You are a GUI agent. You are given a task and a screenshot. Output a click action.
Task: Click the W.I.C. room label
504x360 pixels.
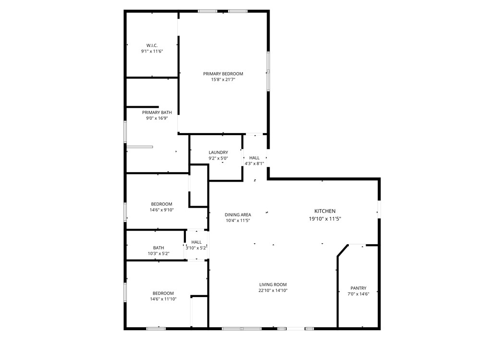tap(152, 45)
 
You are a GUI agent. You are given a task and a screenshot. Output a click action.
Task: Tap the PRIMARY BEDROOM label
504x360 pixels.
tap(223, 74)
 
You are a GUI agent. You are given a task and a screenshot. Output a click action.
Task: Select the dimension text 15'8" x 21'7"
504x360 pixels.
tap(223, 80)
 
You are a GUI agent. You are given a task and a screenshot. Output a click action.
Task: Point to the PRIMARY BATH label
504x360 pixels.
tap(157, 112)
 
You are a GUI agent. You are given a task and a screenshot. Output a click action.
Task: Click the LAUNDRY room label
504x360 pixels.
tap(218, 152)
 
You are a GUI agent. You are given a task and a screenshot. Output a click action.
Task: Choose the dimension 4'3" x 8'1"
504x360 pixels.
tap(254, 163)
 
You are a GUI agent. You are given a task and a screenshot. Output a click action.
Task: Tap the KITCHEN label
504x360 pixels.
tap(325, 211)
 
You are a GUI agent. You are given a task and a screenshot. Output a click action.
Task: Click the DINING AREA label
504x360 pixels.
tap(238, 215)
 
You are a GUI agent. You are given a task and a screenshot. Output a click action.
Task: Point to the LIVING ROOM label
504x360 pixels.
tap(273, 285)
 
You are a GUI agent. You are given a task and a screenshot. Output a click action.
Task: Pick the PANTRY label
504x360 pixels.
tap(358, 288)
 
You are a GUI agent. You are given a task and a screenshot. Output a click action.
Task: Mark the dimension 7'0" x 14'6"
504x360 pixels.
tap(358, 294)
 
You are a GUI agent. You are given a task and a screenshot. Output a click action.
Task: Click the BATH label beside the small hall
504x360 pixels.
tap(159, 248)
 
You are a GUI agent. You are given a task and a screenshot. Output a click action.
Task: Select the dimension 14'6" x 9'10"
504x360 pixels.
tap(161, 210)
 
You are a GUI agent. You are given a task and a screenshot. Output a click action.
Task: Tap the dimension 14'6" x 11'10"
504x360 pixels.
tap(163, 299)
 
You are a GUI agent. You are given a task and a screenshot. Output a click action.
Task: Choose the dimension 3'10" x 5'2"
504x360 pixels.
tap(196, 248)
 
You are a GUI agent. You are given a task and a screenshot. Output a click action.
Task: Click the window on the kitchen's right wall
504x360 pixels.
tap(379, 209)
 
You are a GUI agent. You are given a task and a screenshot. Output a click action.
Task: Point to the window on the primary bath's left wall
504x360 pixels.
tap(125, 132)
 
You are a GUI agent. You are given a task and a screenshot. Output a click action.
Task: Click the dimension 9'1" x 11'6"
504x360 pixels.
tap(152, 51)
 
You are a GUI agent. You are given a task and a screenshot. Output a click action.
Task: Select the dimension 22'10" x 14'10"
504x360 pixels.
tap(273, 290)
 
